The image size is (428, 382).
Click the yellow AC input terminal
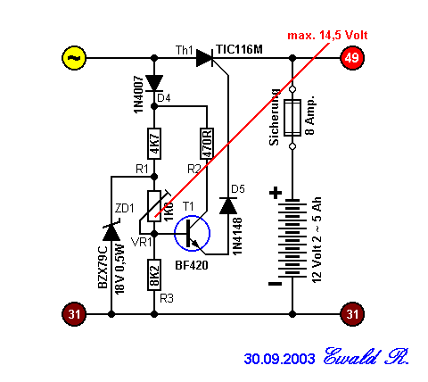[74, 58]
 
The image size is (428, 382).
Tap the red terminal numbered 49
[352, 58]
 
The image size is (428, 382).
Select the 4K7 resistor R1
[154, 144]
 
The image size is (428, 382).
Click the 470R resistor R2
[207, 144]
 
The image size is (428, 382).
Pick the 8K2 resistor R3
[154, 275]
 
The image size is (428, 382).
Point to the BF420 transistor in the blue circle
[192, 234]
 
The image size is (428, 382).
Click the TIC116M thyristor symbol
[205, 58]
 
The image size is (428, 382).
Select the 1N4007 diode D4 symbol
[154, 83]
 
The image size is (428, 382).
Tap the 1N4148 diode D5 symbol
[228, 205]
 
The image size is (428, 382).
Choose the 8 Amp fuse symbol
[292, 118]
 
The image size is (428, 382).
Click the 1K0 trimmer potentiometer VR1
[154, 206]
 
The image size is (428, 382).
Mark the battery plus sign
[276, 193]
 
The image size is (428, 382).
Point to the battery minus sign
[275, 284]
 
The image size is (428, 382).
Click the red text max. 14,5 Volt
[327, 36]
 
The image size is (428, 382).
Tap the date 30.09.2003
[279, 359]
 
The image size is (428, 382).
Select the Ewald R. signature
[366, 356]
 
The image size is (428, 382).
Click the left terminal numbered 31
[74, 314]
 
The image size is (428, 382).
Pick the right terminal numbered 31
[352, 314]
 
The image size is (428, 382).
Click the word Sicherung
[274, 117]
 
